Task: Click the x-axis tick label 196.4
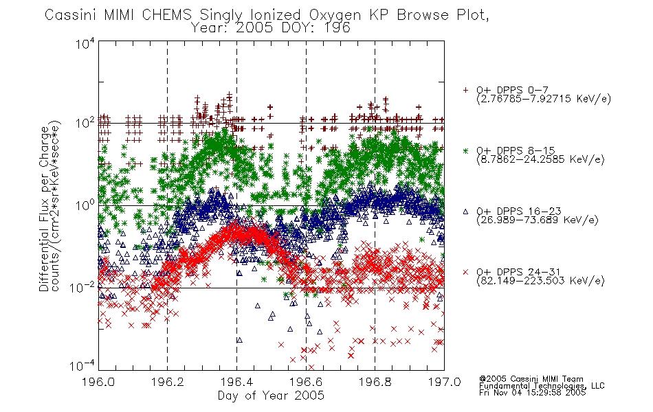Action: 236,382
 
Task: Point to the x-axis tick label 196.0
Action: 98,382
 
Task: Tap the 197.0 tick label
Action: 444,382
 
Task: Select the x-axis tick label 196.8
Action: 375,382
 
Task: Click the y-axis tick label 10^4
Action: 85,44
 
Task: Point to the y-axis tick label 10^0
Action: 85,205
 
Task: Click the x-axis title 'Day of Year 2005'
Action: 271,396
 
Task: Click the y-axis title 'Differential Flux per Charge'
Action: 44,209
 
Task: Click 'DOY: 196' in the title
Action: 316,28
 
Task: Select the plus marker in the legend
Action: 465,90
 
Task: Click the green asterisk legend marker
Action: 465,150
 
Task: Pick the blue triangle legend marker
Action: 465,211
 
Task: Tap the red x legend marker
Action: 465,272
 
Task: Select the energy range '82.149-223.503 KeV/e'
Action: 540,281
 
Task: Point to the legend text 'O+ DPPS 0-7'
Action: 512,90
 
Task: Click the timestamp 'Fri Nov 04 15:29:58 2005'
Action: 532,393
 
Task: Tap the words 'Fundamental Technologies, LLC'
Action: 542,386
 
